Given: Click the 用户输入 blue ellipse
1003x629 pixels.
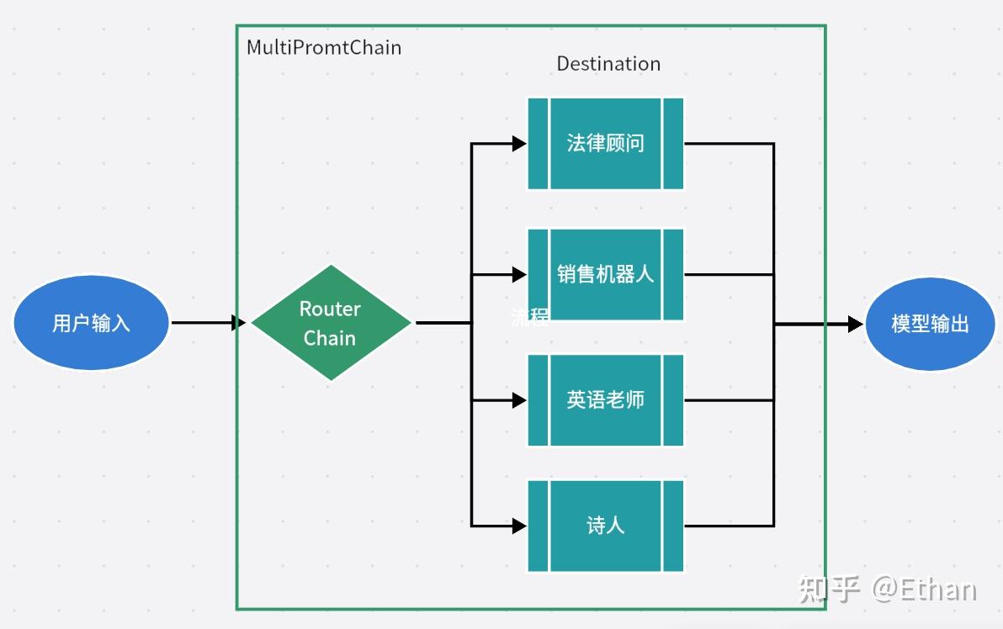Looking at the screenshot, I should tap(91, 323).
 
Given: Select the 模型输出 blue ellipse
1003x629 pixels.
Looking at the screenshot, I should tap(931, 324).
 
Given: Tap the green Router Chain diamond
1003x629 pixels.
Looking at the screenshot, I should tap(331, 323).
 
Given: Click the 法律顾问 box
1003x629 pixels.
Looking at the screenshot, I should tap(605, 143).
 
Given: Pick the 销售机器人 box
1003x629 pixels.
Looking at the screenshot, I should tap(605, 274).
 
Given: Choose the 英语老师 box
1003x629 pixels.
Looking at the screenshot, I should tap(605, 399).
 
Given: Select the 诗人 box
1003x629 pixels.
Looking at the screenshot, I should tap(605, 526).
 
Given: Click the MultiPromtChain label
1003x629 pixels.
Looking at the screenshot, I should tap(324, 47).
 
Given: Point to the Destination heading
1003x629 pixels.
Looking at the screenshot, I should tap(608, 64).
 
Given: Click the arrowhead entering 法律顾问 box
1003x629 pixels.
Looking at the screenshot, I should tap(519, 143).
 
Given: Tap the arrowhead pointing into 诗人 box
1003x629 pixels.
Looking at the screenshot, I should tap(519, 526).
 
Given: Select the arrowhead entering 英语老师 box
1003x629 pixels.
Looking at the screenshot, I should tap(519, 400).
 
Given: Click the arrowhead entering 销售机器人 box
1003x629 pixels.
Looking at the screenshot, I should tap(519, 274).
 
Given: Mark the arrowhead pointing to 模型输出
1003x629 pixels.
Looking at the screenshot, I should tap(855, 324).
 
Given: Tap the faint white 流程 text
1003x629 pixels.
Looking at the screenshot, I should tap(530, 317).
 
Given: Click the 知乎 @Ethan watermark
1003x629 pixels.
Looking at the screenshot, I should tap(887, 589).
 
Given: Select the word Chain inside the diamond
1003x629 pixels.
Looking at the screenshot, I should tap(330, 338).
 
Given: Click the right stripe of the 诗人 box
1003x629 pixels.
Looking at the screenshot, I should tap(673, 526).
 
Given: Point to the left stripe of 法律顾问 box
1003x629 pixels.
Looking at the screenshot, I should tap(538, 143).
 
